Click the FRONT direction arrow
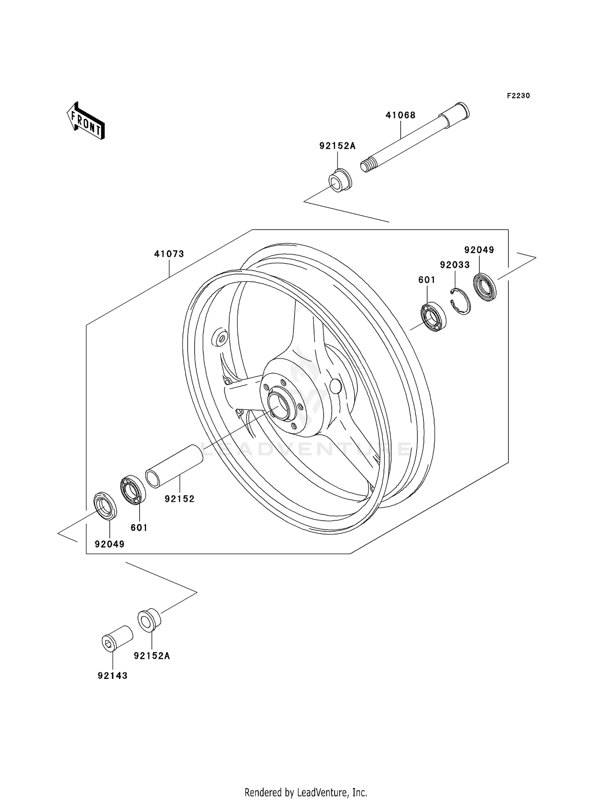(86, 122)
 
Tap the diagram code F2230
(518, 96)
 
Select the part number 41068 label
(400, 115)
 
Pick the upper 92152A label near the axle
(337, 146)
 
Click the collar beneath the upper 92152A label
(340, 181)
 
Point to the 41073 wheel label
(169, 254)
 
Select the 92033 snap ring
(461, 301)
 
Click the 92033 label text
(455, 265)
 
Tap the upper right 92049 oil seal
(485, 288)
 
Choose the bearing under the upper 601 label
(433, 316)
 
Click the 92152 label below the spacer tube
(180, 499)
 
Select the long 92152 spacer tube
(174, 466)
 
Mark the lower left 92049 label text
(109, 544)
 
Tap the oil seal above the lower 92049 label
(105, 506)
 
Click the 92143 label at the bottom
(113, 676)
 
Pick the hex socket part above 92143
(117, 639)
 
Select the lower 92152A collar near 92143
(149, 620)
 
